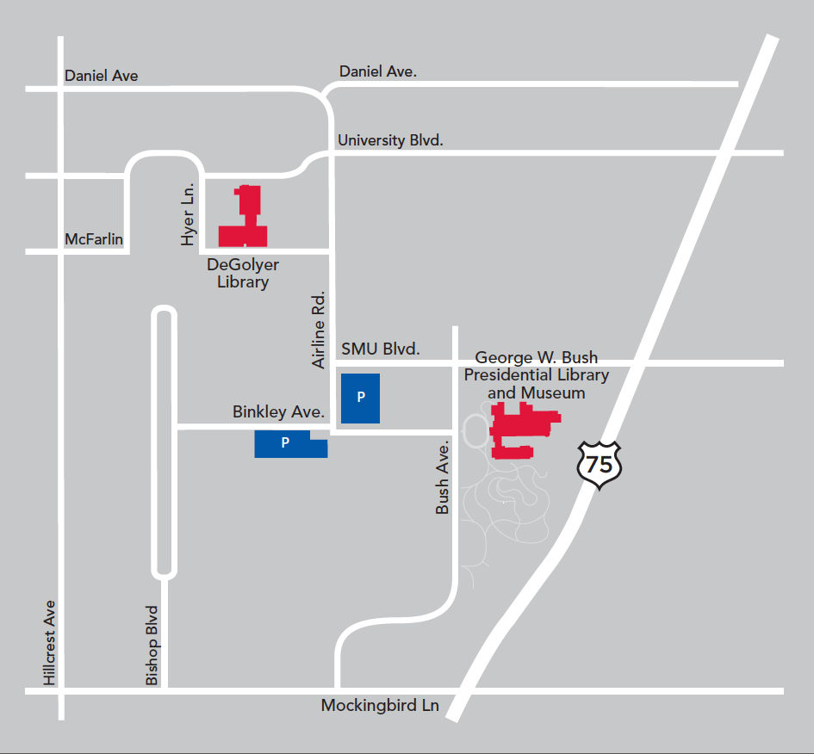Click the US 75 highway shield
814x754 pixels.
click(x=599, y=466)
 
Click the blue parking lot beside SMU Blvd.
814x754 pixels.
click(x=360, y=397)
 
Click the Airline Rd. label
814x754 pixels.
click(x=320, y=329)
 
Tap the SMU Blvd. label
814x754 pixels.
click(x=380, y=349)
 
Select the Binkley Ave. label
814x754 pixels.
click(x=277, y=412)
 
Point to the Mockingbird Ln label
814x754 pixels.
click(x=380, y=706)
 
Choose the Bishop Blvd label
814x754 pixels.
click(x=152, y=646)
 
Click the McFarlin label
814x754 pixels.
click(x=94, y=238)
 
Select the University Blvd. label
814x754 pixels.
click(x=390, y=139)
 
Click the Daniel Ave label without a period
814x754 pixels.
click(x=101, y=76)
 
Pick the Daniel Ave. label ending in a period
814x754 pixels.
click(x=377, y=71)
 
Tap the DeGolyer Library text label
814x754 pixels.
click(x=243, y=273)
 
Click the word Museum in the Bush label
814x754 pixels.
click(x=536, y=392)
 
